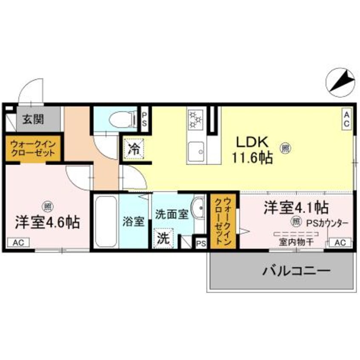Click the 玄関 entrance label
click(x=32, y=120)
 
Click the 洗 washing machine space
click(x=163, y=238)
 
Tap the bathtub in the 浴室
click(x=105, y=222)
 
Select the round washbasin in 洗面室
click(x=198, y=208)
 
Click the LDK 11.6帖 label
click(x=252, y=149)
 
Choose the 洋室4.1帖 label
click(x=296, y=207)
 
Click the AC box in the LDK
click(x=346, y=119)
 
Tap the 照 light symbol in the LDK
click(x=285, y=148)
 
